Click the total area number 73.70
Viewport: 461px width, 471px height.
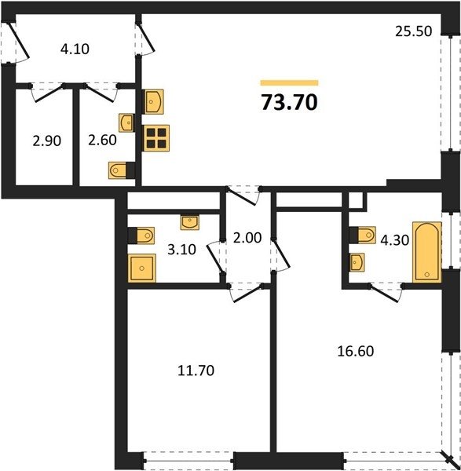tap(290, 102)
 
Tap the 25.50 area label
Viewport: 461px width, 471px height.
tap(414, 31)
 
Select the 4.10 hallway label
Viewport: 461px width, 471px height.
tap(75, 49)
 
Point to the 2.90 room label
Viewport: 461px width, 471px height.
tap(47, 141)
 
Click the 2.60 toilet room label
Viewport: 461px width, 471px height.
tap(102, 140)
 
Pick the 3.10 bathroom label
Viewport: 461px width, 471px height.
tap(181, 250)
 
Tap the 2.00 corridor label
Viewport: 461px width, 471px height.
tap(247, 238)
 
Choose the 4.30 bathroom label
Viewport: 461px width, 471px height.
tap(394, 240)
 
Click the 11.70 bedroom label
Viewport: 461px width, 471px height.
tap(196, 371)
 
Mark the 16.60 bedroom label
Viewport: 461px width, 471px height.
tap(356, 351)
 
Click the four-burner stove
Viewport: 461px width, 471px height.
tap(156, 138)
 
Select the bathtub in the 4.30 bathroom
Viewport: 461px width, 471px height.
tap(427, 252)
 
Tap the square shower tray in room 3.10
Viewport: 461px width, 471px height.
tap(142, 268)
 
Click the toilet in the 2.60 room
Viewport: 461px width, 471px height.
tap(122, 170)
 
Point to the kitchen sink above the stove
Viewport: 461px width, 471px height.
tap(153, 101)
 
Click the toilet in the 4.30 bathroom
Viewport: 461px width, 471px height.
tap(363, 235)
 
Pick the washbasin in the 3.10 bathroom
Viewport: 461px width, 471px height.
tap(189, 222)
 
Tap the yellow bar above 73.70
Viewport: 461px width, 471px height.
tap(290, 82)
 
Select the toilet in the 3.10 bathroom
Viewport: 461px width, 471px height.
tap(141, 235)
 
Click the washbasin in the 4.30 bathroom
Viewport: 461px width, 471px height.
tap(357, 262)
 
